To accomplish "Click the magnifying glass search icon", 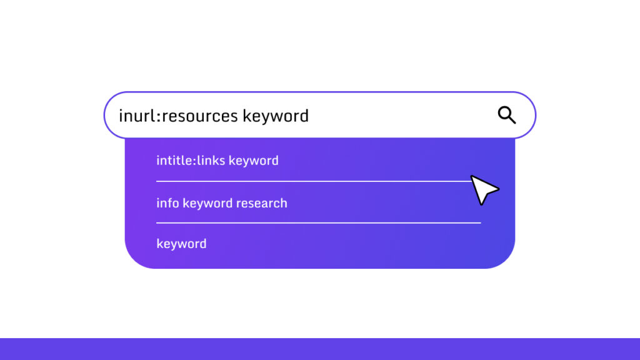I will [506, 115].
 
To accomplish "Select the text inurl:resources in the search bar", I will [178, 116].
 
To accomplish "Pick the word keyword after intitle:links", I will [254, 161].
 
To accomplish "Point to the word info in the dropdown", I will [167, 203].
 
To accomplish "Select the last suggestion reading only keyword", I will [181, 244].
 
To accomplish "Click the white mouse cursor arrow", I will [483, 189].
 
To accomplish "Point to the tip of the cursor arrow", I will [472, 176].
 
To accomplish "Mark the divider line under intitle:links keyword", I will [312, 181].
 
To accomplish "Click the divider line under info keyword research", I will [318, 222].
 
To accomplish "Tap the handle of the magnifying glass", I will [512, 120].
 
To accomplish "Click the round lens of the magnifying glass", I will [504, 113].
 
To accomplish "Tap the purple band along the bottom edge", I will [320, 349].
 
